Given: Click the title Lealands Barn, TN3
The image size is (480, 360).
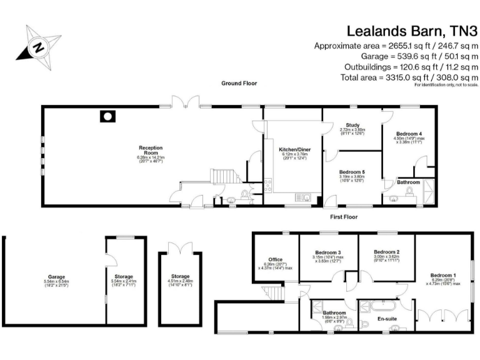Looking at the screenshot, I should [x=412, y=30].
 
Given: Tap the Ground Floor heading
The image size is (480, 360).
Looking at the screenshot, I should [x=239, y=83].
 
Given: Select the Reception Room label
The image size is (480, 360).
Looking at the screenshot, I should [x=151, y=148].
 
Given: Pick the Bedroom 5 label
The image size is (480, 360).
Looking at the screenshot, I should [x=352, y=172].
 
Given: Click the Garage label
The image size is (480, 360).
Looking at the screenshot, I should [x=57, y=276].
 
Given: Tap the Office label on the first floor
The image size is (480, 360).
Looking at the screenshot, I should [x=275, y=259].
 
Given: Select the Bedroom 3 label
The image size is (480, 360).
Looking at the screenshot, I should [x=326, y=252].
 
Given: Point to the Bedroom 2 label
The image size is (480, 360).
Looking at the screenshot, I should [x=387, y=252].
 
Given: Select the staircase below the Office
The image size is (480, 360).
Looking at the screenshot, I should [x=271, y=291].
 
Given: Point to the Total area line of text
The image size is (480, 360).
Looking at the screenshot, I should [x=396, y=77].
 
